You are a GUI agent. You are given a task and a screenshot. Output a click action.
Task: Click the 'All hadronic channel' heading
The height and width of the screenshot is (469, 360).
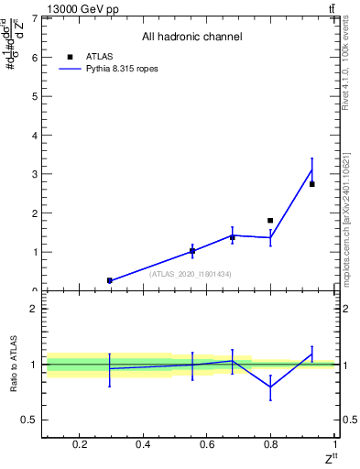pyautogui.click(x=191, y=37)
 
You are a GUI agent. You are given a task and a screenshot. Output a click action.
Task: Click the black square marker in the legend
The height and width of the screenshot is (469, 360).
pyautogui.click(x=70, y=56)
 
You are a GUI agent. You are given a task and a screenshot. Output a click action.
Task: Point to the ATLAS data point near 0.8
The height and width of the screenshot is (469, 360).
pyautogui.click(x=270, y=221)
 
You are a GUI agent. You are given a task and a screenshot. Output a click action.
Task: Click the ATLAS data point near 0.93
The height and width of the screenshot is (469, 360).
pyautogui.click(x=312, y=184)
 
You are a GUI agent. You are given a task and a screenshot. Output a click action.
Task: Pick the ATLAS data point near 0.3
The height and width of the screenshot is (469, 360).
pyautogui.click(x=110, y=280)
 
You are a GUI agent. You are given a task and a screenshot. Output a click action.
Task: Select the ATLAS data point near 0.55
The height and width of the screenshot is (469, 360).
pyautogui.click(x=192, y=250)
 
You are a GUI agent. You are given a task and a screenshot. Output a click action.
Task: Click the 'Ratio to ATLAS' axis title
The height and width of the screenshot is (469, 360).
pyautogui.click(x=14, y=365)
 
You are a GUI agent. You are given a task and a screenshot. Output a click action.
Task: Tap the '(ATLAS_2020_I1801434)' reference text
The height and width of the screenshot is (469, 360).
pyautogui.click(x=191, y=274)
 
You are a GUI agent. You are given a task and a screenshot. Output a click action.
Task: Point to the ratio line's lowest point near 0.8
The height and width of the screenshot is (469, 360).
pyautogui.click(x=270, y=387)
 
